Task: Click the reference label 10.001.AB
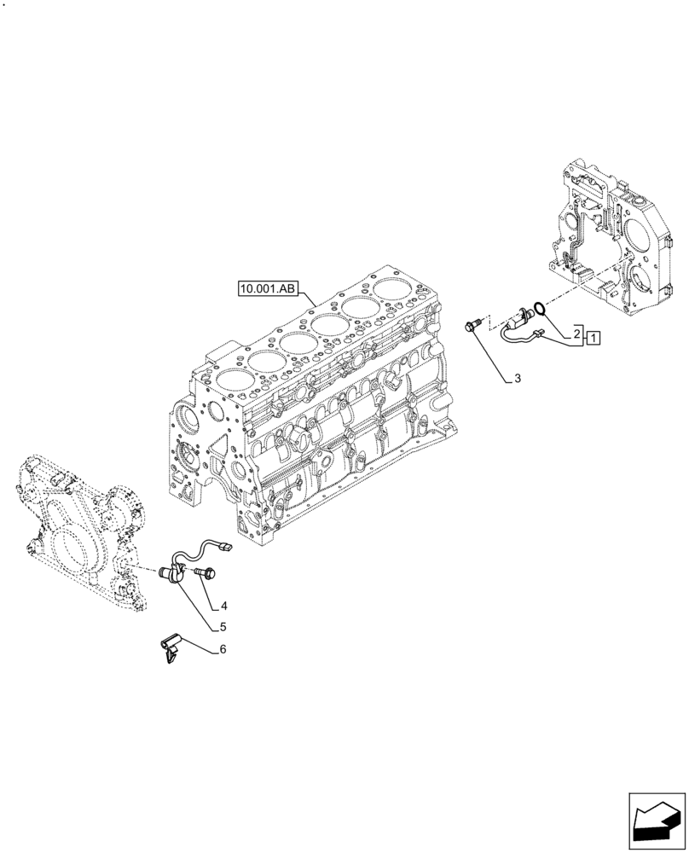click(267, 290)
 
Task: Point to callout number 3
click(517, 378)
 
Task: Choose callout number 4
click(223, 606)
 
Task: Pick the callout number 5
click(223, 626)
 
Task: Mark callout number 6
click(223, 649)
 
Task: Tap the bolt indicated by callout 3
click(473, 324)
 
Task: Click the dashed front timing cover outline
click(81, 529)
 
